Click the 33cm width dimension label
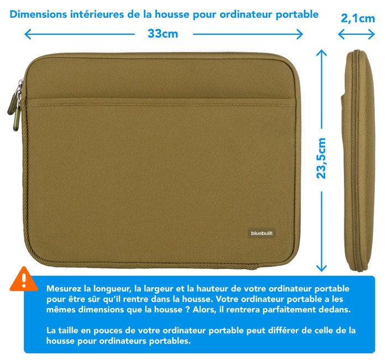tap(163, 34)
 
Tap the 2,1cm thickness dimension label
tap(358, 18)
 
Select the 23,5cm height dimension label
tap(322, 158)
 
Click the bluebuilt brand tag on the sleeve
tap(262, 233)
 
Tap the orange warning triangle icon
tap(24, 279)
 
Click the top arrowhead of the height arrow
tap(322, 53)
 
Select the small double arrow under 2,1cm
tap(357, 34)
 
